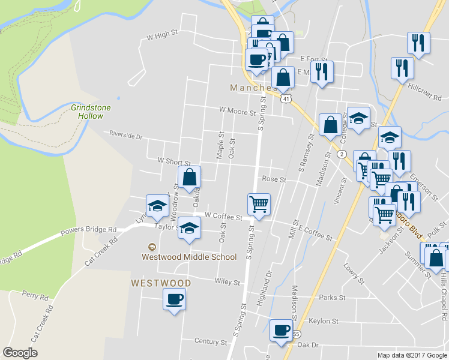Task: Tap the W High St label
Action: (163, 36)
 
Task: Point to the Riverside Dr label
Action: (125, 136)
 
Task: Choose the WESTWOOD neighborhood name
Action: (161, 283)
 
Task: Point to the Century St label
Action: (211, 341)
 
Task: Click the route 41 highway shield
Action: (287, 98)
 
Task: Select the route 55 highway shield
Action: (296, 333)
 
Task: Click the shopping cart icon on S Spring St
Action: (259, 203)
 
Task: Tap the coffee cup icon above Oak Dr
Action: (280, 329)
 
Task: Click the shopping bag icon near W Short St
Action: (189, 176)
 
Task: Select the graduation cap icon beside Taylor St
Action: (189, 228)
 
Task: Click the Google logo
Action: (20, 353)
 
